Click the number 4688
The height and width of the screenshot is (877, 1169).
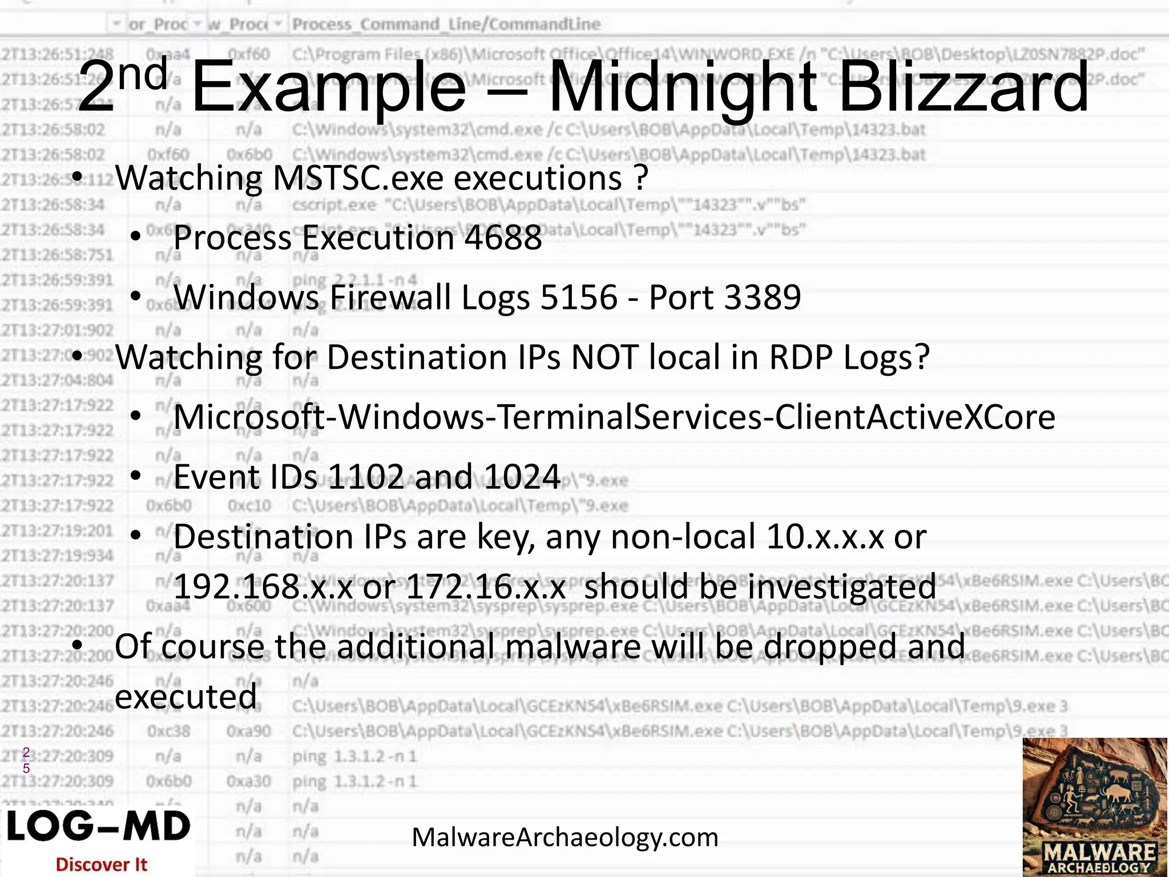click(502, 238)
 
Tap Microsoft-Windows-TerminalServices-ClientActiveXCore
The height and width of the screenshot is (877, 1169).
click(614, 417)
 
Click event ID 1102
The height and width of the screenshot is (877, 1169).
click(365, 477)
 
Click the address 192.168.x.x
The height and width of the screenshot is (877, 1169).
click(263, 586)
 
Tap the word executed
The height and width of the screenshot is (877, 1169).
click(186, 697)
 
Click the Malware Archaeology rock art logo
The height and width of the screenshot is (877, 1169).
click(1095, 806)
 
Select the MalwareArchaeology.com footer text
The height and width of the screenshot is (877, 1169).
click(565, 838)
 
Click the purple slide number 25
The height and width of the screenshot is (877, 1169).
click(26, 760)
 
